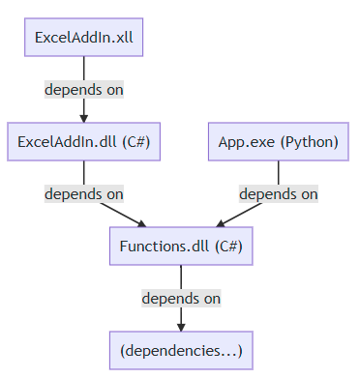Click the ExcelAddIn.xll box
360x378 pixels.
tap(83, 38)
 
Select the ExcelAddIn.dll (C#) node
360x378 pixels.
tap(83, 141)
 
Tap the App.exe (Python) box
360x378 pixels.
tap(278, 141)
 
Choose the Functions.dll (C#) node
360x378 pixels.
tap(180, 246)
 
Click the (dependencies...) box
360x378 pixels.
tap(180, 349)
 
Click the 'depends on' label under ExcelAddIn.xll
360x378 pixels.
tap(83, 89)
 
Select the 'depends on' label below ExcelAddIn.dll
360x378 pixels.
tap(83, 193)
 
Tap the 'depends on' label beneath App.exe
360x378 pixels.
tap(278, 193)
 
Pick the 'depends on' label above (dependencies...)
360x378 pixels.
tap(181, 298)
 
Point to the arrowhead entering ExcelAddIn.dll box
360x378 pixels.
tap(83, 118)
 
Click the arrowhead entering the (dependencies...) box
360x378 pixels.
tap(180, 326)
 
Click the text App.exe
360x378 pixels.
tap(242, 142)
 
